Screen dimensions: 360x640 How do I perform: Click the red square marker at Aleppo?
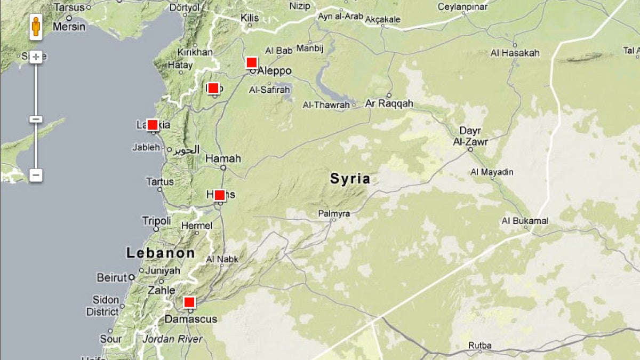click(252, 62)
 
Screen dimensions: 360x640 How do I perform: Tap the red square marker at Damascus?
click(189, 302)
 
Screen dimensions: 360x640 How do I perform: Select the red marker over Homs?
click(220, 195)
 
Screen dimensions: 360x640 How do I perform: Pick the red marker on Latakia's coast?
click(153, 125)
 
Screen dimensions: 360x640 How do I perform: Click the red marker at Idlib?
click(213, 88)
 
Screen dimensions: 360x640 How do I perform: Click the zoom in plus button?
click(36, 57)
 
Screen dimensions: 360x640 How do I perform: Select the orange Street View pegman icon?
click(36, 27)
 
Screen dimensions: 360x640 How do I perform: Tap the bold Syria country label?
click(350, 179)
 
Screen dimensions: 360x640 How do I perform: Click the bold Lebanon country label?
click(161, 253)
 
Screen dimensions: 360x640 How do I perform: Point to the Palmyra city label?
click(334, 214)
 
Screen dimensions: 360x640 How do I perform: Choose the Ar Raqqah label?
click(389, 103)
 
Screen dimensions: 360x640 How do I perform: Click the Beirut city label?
click(112, 277)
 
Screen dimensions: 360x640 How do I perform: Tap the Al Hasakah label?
click(515, 53)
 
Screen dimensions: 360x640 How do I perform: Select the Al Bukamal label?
click(525, 221)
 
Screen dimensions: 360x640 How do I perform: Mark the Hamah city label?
click(223, 158)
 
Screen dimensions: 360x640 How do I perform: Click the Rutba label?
click(479, 345)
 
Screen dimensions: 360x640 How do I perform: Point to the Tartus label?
click(160, 182)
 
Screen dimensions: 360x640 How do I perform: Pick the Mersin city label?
click(69, 26)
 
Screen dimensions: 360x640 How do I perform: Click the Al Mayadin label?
click(492, 172)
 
